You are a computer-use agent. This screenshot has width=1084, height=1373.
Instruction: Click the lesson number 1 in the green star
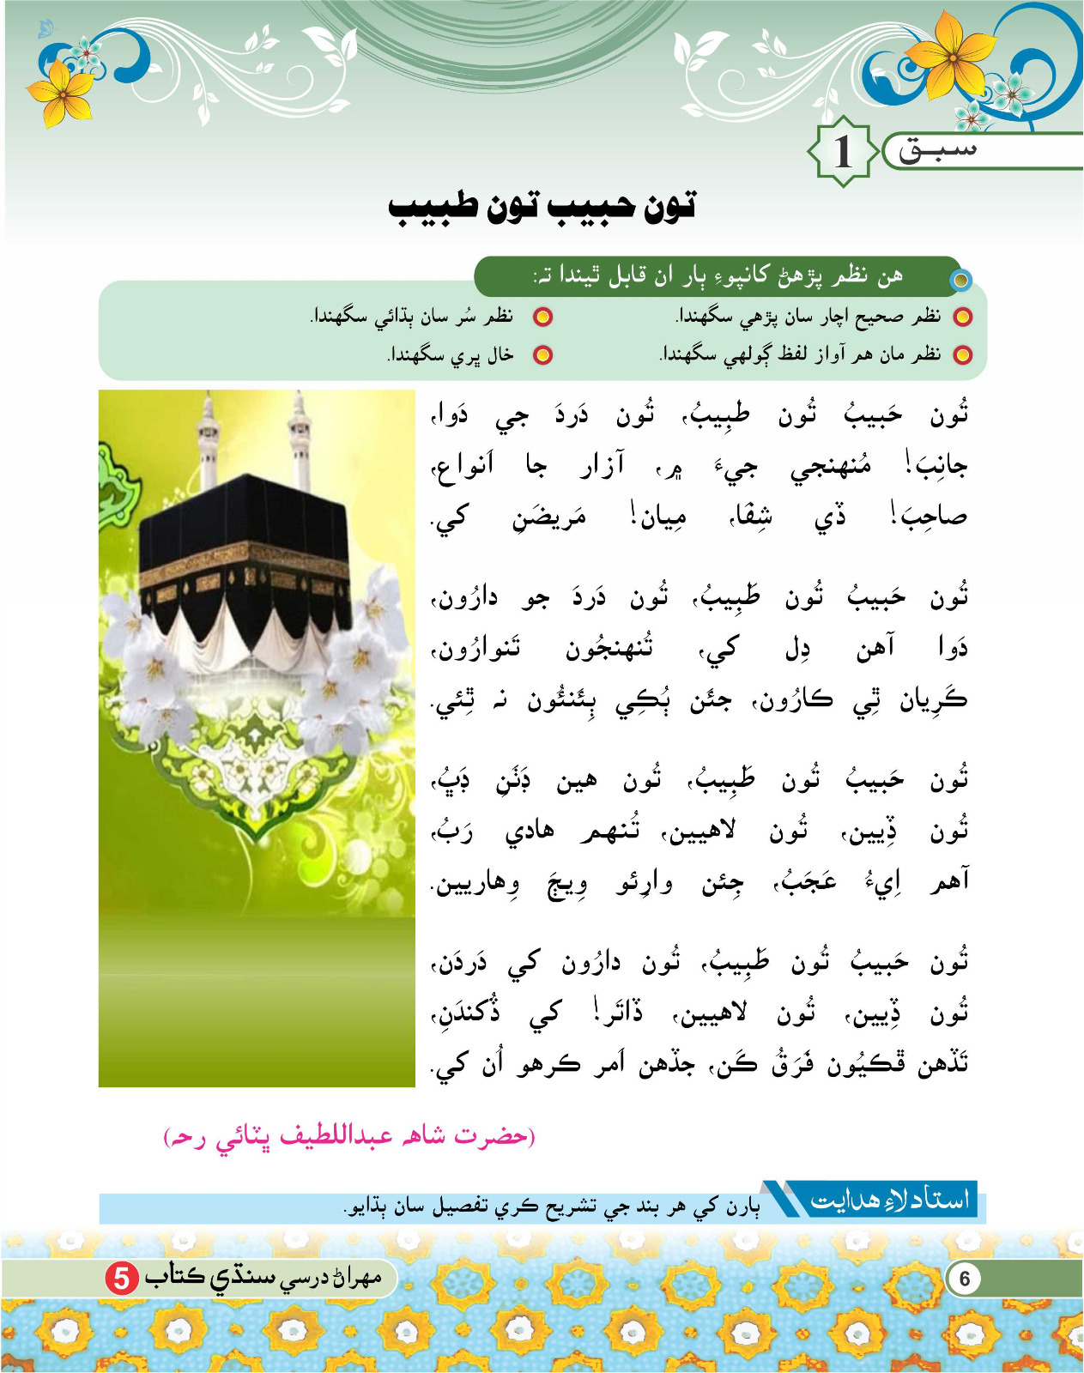(x=843, y=152)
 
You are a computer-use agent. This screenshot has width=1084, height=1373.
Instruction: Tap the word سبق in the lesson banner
(x=937, y=151)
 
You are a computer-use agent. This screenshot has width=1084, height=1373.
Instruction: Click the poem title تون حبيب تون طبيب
(x=542, y=207)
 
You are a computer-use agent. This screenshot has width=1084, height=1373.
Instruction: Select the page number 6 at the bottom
(x=965, y=1279)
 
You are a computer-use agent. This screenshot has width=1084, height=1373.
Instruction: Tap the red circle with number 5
(x=122, y=1278)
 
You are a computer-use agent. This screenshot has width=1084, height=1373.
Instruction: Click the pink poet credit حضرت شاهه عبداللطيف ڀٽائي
(x=349, y=1136)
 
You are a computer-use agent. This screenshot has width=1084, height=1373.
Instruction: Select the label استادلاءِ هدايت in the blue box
(x=889, y=1200)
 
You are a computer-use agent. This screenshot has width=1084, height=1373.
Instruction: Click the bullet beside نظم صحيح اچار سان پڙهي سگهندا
(x=963, y=317)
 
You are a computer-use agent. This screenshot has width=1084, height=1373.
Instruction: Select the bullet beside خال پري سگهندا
(x=543, y=354)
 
